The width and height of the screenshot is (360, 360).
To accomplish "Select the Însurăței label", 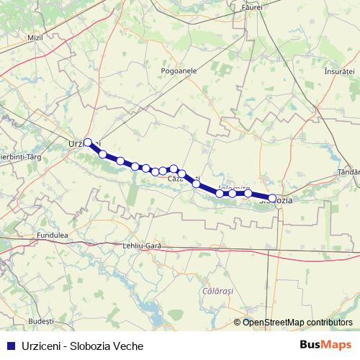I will pos(340,73).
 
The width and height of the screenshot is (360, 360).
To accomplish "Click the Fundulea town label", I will pos(51,235).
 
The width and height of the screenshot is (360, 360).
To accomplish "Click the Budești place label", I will pos(41,319).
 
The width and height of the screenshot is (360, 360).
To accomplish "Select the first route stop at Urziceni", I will pos(89,143).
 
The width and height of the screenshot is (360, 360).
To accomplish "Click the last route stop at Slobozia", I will pos(272,197).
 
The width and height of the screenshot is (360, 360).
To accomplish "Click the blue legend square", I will pos(9,346).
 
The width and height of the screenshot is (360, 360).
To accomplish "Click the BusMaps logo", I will pos(326,344).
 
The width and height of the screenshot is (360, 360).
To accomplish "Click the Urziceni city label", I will pos(78,144).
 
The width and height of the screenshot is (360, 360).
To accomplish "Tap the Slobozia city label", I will pos(276,201).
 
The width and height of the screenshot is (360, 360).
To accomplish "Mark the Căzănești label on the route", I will pos(183,178).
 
